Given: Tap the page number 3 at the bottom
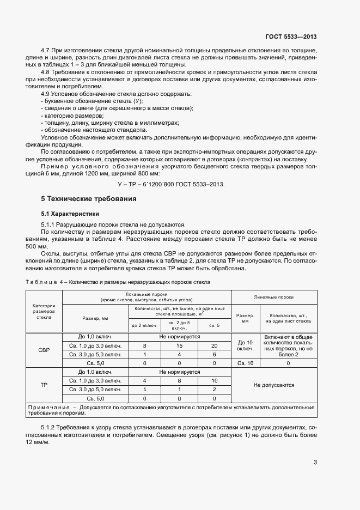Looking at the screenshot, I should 315,463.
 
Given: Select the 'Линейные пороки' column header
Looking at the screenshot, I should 274,297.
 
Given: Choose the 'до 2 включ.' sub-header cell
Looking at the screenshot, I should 144,325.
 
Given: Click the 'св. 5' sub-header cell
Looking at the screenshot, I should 215,325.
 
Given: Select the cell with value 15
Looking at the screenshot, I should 180,346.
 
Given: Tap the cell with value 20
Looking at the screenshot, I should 215,346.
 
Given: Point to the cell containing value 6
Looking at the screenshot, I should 215,354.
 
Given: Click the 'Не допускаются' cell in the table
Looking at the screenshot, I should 274,385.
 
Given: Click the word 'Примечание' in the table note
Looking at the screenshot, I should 47,408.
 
